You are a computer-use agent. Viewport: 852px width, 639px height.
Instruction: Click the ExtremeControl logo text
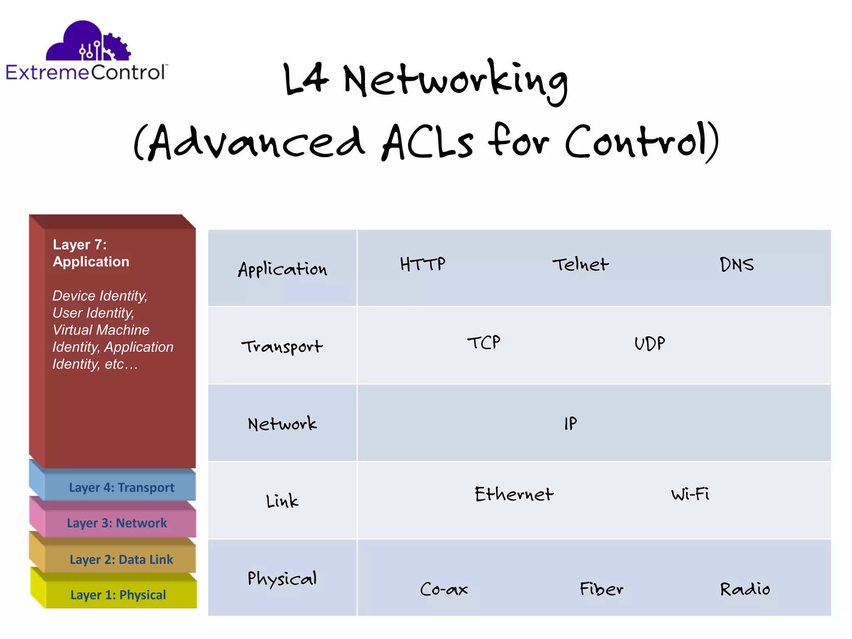pyautogui.click(x=87, y=72)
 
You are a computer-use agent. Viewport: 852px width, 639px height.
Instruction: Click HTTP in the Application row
pyautogui.click(x=423, y=264)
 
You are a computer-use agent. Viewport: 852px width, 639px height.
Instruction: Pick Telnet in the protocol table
pyautogui.click(x=580, y=265)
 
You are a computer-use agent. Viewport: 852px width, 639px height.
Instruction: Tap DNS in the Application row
pyautogui.click(x=736, y=265)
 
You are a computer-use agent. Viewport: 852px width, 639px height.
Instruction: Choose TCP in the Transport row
pyautogui.click(x=483, y=343)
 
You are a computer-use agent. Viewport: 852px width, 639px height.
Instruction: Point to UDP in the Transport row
pyautogui.click(x=649, y=344)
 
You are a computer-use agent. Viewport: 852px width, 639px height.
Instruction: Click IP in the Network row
pyautogui.click(x=570, y=424)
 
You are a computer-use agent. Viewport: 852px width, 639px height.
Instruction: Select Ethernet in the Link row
pyautogui.click(x=514, y=494)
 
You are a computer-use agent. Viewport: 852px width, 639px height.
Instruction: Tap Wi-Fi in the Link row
pyautogui.click(x=690, y=494)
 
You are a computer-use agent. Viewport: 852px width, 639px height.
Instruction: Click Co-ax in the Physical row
pyautogui.click(x=444, y=589)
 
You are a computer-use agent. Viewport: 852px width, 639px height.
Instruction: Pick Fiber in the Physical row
pyautogui.click(x=602, y=589)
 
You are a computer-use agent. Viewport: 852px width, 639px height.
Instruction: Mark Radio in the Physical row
pyautogui.click(x=745, y=589)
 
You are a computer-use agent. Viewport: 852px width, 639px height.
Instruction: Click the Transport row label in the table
pyautogui.click(x=282, y=347)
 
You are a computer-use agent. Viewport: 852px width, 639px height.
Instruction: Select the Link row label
pyautogui.click(x=282, y=501)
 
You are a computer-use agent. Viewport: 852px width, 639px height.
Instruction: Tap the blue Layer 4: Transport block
pyautogui.click(x=121, y=487)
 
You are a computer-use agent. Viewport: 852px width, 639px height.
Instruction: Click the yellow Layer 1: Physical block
pyautogui.click(x=118, y=594)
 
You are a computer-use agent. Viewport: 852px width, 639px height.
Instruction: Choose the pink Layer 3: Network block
pyautogui.click(x=117, y=523)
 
